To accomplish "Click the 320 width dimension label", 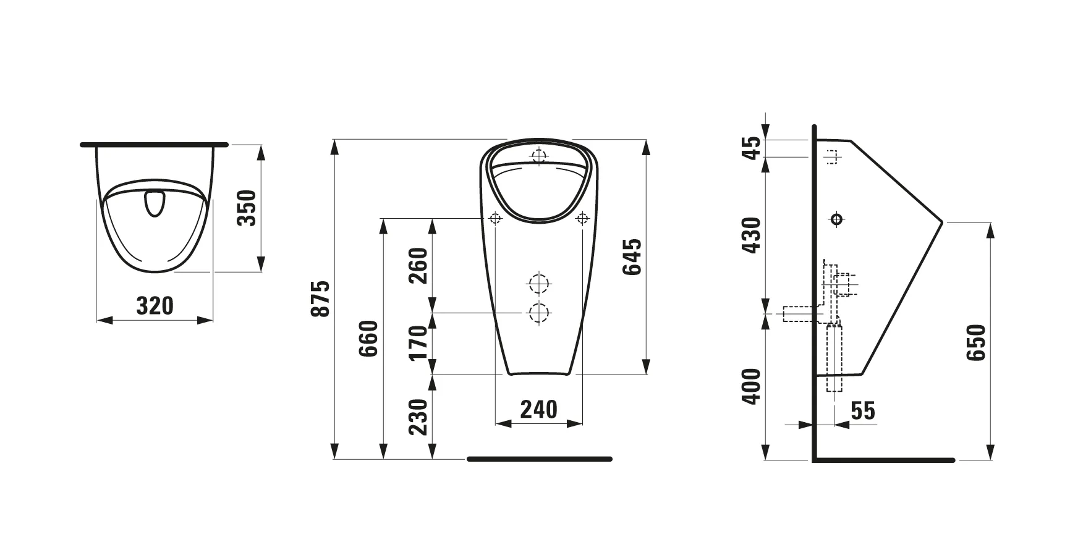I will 155,305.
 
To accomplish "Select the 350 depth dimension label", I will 247,208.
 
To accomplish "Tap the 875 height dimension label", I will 320,299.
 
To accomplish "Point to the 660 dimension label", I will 368,339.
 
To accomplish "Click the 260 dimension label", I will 418,265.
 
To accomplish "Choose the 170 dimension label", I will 418,342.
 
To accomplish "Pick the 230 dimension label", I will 418,417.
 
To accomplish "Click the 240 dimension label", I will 538,409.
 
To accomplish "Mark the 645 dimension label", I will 633,256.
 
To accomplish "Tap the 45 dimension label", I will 751,148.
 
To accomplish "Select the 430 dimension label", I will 751,235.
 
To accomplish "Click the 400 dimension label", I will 751,386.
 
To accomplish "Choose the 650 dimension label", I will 977,342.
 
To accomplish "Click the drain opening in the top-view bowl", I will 154,205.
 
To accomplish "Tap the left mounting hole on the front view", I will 495,218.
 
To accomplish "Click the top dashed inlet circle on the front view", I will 539,155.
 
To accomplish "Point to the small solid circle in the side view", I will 836,219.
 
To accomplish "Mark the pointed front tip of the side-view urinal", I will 942,221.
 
